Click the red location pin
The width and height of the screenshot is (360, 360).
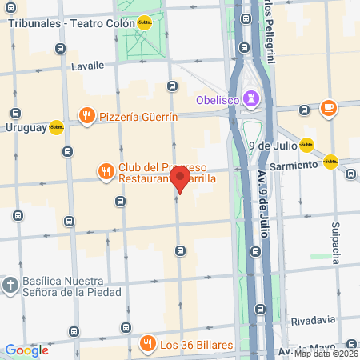(x=180, y=177)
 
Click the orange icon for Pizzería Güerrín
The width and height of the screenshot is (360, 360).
(x=86, y=117)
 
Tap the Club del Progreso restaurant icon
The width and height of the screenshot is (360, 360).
(x=105, y=171)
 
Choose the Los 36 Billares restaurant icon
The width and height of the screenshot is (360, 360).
(x=146, y=344)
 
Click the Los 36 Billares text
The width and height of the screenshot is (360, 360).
(x=195, y=345)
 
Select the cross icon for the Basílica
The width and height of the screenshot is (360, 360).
(x=10, y=284)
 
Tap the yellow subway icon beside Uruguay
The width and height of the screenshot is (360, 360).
(x=56, y=127)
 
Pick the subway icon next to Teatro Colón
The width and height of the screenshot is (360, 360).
(x=144, y=23)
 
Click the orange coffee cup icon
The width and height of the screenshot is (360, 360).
(x=327, y=107)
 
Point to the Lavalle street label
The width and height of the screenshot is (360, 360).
(x=88, y=66)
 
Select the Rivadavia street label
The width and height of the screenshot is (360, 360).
(x=314, y=321)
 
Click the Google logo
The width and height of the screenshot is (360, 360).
(x=26, y=350)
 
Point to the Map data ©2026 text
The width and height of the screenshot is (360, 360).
(x=326, y=354)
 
